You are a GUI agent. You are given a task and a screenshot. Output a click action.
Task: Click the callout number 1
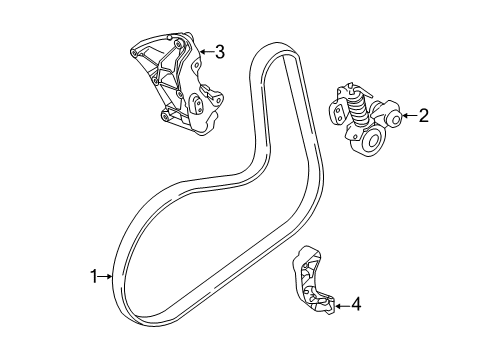95,277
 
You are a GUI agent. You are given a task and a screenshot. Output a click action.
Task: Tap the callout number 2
423,117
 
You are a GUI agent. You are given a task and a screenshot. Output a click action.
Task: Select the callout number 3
219,51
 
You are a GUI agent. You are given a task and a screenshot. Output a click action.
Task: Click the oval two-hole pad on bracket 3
211,101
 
